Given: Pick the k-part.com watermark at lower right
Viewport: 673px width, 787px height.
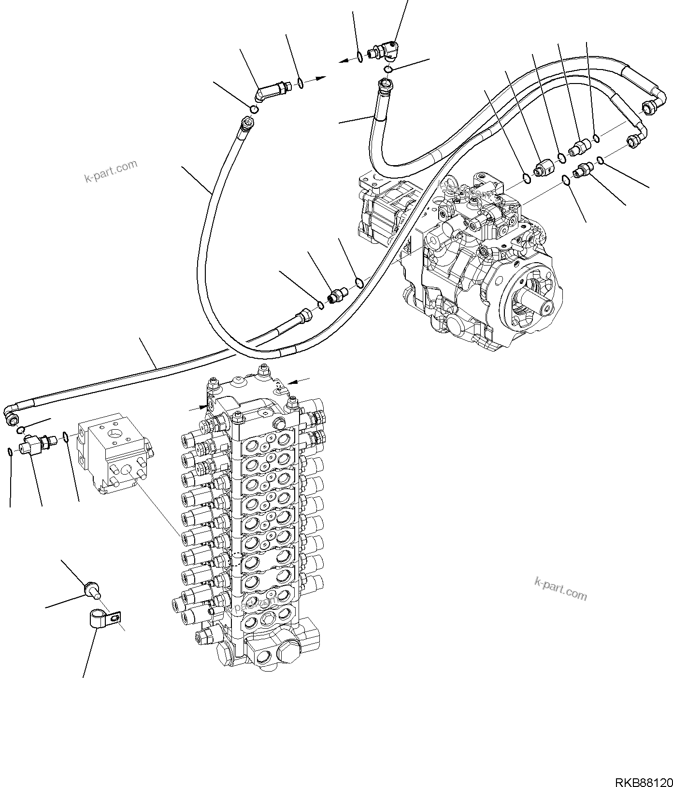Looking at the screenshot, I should [560, 589].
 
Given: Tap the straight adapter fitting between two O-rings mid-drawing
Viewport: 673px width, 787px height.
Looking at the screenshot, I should [336, 295].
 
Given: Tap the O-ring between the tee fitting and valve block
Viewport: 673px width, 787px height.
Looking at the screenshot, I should [65, 437].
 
